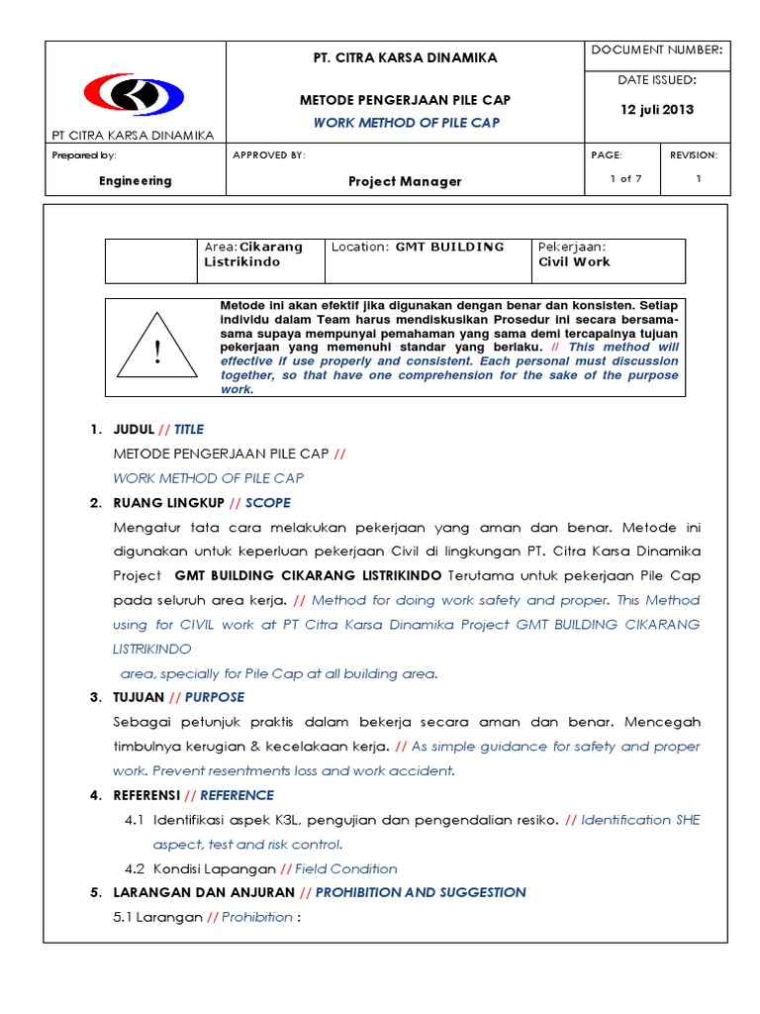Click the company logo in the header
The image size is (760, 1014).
coord(134,95)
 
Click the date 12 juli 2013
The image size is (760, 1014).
coord(657,110)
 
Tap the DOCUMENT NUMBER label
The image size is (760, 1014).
coord(656,50)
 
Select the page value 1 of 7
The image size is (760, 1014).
coord(625,179)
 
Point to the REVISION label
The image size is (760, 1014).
coord(694,155)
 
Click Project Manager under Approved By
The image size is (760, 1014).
coord(405,181)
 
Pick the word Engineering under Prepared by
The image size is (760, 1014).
coord(136,181)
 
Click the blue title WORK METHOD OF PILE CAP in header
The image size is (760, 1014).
coord(406,123)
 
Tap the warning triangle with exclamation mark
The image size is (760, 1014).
coord(156,347)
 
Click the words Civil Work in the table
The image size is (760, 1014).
coord(574,262)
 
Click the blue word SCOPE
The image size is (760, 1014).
coord(268,503)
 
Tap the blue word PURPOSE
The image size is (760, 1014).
coord(215,697)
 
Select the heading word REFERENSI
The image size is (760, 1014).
coord(147,795)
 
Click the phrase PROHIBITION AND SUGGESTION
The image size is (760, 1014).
coord(421,892)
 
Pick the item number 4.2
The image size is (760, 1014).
coord(136,868)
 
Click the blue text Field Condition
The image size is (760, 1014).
coord(346,868)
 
